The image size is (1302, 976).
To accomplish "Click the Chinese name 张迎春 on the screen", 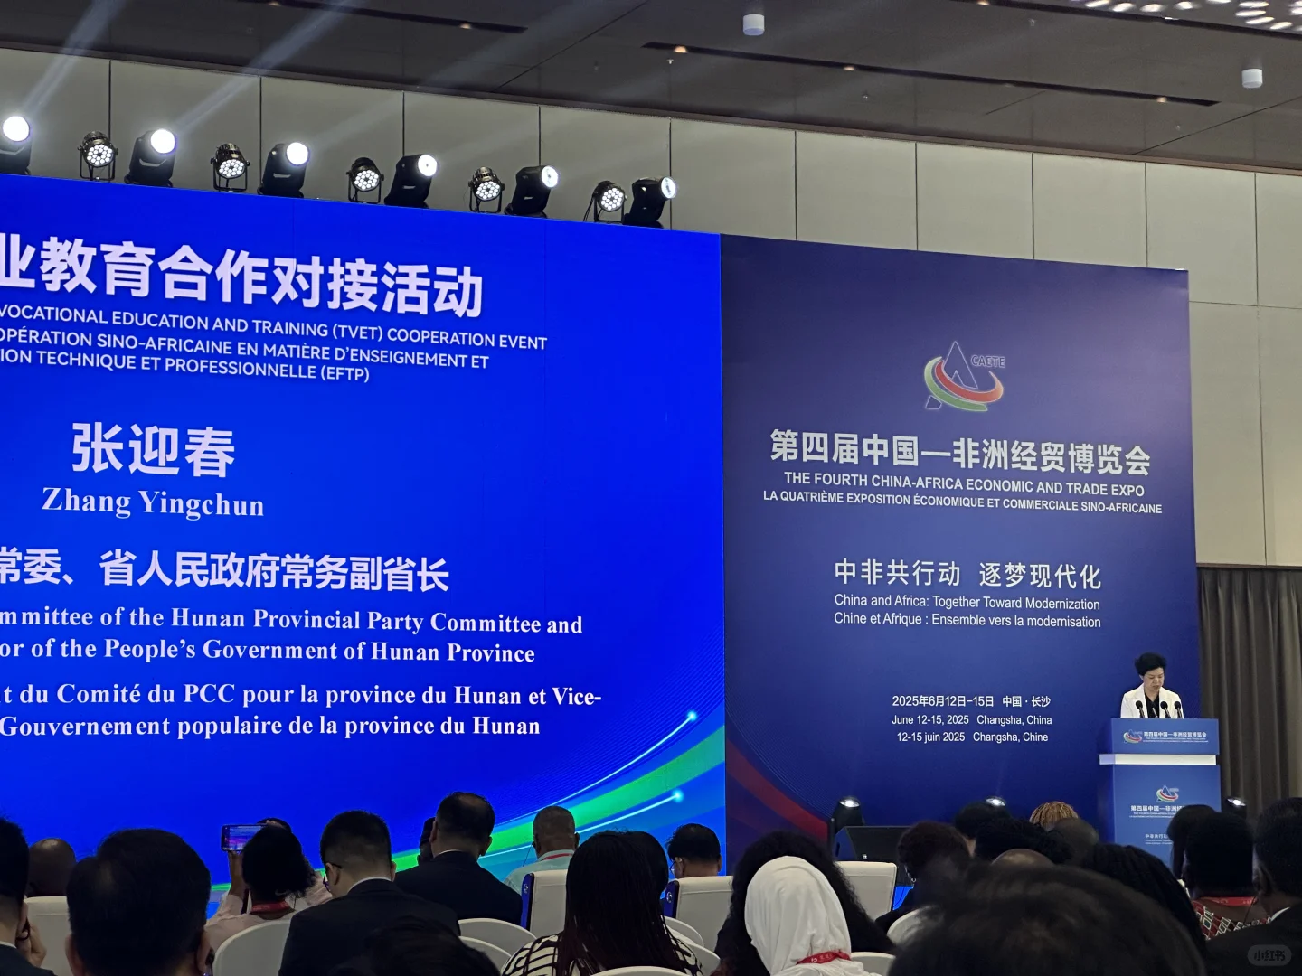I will (154, 449).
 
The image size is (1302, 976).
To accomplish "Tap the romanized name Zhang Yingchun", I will (153, 502).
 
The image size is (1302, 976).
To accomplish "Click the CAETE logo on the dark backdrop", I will (964, 376).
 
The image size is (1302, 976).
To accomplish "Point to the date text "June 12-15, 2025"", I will (929, 720).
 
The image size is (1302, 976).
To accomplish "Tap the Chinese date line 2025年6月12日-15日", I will (942, 701).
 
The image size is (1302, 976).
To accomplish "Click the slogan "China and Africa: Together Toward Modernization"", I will (967, 602).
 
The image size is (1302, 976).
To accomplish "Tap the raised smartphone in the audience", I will (241, 837).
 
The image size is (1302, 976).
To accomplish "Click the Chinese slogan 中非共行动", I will (897, 572).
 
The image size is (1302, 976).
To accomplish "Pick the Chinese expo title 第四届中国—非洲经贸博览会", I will (959, 451).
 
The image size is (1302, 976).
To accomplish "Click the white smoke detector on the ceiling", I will (753, 24).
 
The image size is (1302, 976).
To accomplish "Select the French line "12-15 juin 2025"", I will (930, 737).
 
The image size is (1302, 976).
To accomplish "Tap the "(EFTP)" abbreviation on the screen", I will (344, 373).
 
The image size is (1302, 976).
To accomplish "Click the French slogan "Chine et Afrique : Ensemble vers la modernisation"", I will (967, 620).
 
